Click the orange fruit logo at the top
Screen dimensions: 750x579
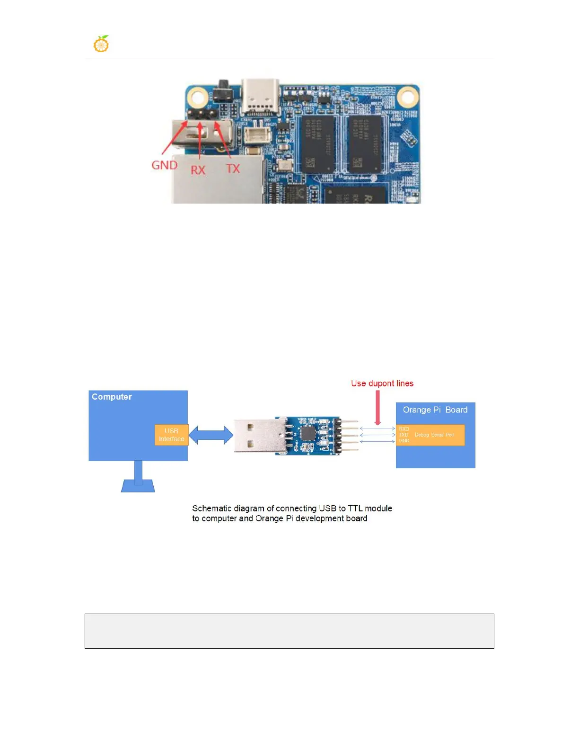click(101, 44)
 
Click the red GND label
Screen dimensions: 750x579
click(164, 165)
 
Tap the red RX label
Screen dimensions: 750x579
click(198, 170)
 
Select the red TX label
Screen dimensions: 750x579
click(233, 169)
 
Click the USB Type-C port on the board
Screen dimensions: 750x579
click(260, 97)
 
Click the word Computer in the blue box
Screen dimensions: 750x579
click(112, 397)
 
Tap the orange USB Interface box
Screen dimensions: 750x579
click(171, 435)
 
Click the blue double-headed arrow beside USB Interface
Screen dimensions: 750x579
click(211, 435)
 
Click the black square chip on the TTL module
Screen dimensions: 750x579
click(307, 432)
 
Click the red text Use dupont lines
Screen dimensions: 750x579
click(382, 384)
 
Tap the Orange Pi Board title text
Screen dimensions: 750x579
click(435, 410)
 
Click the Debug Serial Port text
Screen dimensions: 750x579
click(434, 435)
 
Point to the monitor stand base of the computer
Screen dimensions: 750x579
click(138, 486)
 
